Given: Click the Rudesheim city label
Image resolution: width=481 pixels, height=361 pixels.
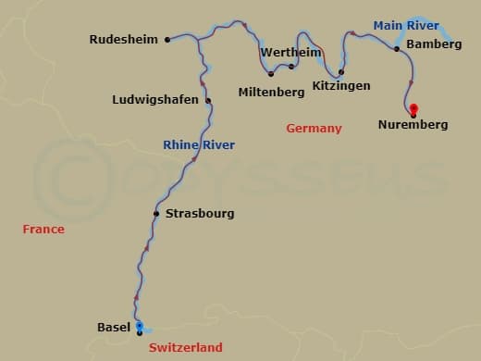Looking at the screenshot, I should (x=123, y=40).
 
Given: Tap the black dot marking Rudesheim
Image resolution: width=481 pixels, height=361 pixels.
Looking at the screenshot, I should (x=166, y=40).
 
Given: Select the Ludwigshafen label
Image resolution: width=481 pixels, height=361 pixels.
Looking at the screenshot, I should (x=154, y=100).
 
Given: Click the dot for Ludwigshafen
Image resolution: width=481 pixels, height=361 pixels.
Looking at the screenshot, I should (x=208, y=101).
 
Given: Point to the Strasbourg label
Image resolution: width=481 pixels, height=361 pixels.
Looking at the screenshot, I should (x=200, y=214).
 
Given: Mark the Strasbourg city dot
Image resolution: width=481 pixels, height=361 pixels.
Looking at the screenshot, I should (x=156, y=214).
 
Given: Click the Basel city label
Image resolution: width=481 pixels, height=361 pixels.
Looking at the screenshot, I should (x=114, y=327).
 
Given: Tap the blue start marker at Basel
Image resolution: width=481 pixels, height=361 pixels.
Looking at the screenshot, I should (x=139, y=327).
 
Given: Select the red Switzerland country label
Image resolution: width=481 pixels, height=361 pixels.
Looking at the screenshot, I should (x=186, y=347).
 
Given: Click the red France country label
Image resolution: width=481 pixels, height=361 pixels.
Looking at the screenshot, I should (x=43, y=229).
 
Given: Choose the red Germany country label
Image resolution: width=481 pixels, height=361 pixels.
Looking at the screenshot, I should (x=314, y=129).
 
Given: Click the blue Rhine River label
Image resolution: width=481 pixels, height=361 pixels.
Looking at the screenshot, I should (x=199, y=145).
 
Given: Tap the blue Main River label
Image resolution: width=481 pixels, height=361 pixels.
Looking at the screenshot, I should (x=406, y=25).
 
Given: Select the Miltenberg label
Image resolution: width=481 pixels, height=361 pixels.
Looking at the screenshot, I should (x=271, y=93).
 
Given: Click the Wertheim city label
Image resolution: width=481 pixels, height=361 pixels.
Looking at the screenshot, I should (x=290, y=53).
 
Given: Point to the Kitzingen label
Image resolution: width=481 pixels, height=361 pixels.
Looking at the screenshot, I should (x=341, y=86).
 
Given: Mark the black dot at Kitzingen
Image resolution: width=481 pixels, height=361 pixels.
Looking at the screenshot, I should (x=341, y=72).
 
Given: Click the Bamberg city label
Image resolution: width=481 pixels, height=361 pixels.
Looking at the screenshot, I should (x=434, y=44).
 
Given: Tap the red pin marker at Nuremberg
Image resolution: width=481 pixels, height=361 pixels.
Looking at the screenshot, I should (x=413, y=108).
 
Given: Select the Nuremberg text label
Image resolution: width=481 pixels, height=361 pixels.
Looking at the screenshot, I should (x=413, y=124).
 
